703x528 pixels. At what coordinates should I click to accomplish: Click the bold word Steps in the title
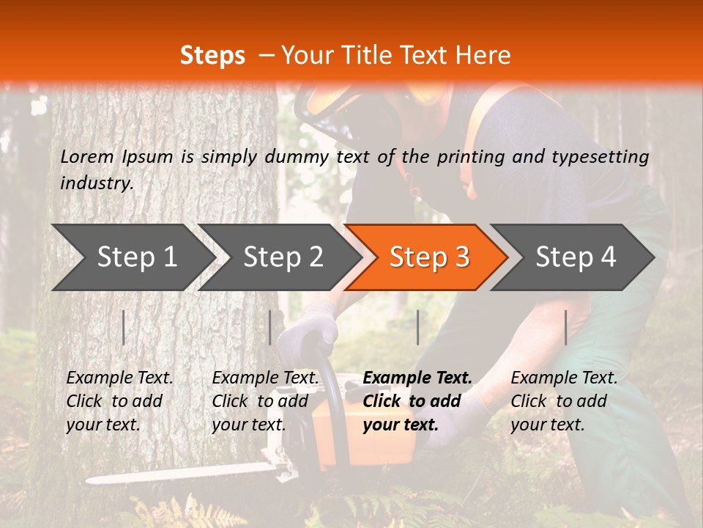coord(212,56)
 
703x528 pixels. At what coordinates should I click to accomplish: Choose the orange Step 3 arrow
coord(429,257)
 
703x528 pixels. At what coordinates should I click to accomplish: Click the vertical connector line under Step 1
coord(124,327)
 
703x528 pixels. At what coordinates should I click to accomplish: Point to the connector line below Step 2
coord(270,327)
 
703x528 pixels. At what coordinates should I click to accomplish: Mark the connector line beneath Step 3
coord(417,327)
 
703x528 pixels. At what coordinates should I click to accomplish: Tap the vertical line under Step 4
coord(565,327)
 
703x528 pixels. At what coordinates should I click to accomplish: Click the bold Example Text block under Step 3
coord(417,401)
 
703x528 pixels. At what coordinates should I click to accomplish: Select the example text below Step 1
coord(119,401)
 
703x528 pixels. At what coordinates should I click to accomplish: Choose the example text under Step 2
coord(265,401)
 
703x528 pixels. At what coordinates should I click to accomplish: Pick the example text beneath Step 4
coord(564,401)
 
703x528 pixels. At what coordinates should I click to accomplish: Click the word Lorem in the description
coord(87,156)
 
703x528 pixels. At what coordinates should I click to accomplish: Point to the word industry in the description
coord(96,183)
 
